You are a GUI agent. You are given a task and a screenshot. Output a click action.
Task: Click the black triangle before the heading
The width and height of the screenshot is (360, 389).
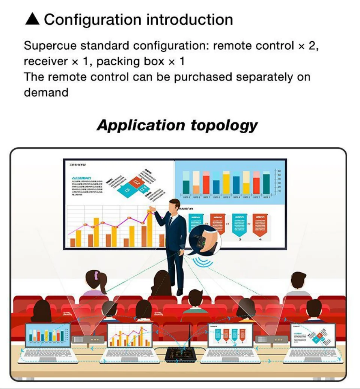[32, 20]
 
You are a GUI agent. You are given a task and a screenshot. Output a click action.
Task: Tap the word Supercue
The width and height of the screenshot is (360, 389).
[50, 46]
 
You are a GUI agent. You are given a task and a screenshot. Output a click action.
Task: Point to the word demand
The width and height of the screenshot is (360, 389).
[46, 92]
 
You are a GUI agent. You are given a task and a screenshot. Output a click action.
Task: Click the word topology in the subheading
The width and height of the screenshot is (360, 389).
[224, 125]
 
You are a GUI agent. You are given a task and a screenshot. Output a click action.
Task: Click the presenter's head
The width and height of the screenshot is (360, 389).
[174, 205]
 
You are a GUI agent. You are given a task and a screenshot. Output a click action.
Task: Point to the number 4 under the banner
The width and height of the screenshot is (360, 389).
[260, 239]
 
